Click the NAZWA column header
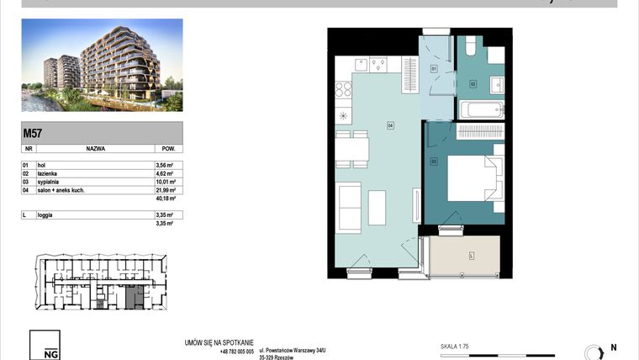tap(95, 147)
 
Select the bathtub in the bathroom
tap(481, 109)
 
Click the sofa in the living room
tap(348, 207)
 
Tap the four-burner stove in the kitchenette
tap(345, 87)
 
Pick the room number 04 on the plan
tap(390, 126)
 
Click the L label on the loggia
tap(471, 254)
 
